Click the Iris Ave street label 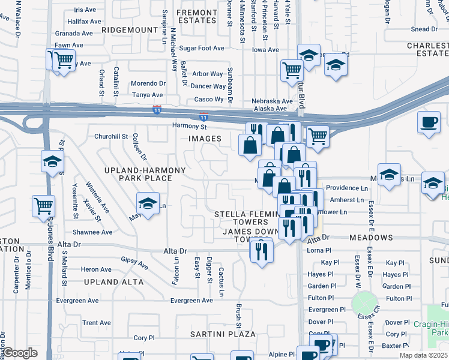coord(85,10)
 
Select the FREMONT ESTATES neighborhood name coord(197,16)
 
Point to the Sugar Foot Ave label coord(201,48)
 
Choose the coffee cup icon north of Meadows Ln coord(429,122)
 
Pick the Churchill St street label coord(111,136)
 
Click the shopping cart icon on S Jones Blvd coord(43,206)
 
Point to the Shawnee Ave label coord(92,232)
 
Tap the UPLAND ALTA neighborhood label coord(114,281)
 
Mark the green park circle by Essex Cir coord(362,301)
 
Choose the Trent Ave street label coord(97,323)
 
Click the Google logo coord(20,353)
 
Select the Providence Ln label coord(346,188)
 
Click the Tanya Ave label coord(148,95)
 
